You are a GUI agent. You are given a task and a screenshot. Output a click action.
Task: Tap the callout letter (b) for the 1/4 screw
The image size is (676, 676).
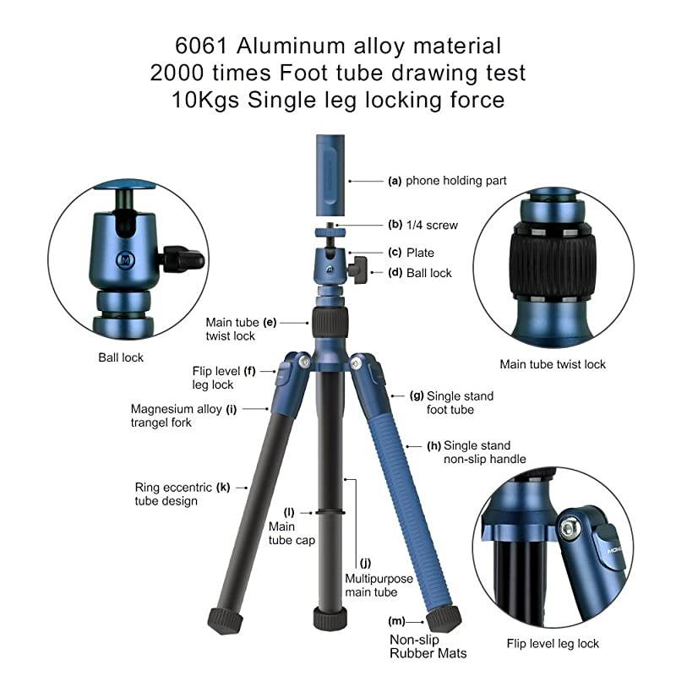(395, 225)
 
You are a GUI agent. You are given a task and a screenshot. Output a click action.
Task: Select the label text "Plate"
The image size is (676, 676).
(420, 252)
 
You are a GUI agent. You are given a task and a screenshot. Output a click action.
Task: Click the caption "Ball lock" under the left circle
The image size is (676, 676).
(121, 357)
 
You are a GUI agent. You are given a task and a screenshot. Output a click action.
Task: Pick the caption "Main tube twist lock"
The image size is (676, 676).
(553, 364)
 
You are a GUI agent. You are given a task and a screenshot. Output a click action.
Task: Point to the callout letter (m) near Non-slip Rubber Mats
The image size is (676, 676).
(395, 621)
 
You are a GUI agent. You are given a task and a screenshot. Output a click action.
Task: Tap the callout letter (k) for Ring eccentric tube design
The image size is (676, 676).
(223, 487)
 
